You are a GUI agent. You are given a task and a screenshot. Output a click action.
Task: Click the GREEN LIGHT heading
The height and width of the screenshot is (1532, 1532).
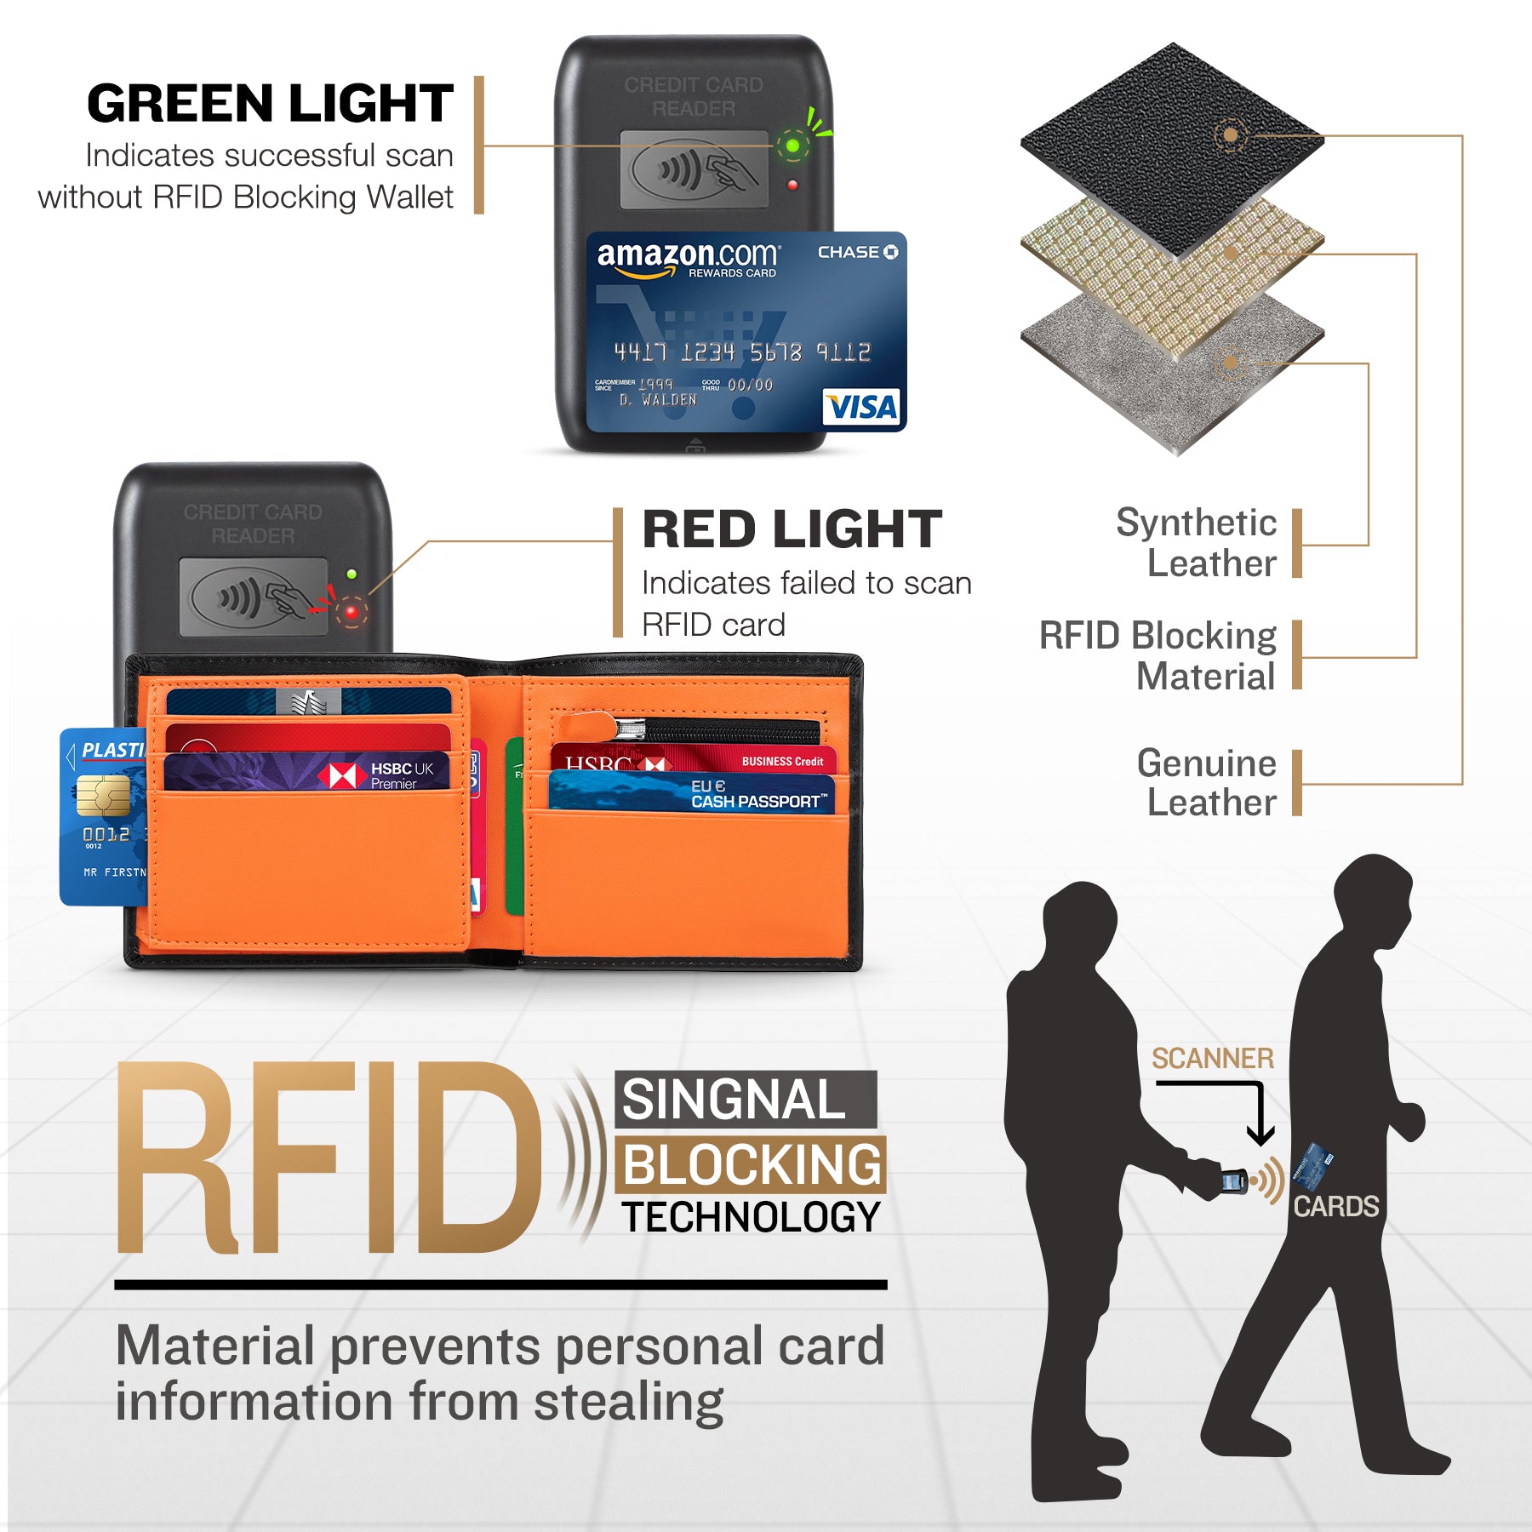(271, 104)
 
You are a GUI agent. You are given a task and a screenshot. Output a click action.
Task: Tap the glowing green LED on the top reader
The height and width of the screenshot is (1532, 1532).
(792, 146)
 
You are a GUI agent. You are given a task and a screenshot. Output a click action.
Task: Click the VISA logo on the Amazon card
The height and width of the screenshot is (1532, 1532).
(862, 408)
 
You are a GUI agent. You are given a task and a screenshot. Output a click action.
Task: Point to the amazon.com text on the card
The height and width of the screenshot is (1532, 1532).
(687, 254)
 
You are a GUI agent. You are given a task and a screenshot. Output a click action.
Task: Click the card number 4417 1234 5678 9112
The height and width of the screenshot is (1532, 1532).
(741, 352)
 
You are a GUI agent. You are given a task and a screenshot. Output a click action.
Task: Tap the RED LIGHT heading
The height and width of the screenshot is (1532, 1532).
(792, 529)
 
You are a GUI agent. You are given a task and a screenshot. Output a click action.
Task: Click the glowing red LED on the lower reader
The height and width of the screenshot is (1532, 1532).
(352, 611)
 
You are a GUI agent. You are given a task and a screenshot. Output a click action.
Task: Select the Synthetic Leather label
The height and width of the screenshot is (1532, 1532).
(1196, 542)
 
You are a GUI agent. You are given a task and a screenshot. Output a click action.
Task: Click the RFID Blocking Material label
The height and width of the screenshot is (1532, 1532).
(1158, 655)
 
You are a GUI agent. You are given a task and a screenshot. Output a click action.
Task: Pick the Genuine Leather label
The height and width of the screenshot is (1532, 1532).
(1207, 782)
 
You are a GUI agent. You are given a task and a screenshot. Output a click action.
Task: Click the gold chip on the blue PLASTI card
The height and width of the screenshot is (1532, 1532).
(103, 796)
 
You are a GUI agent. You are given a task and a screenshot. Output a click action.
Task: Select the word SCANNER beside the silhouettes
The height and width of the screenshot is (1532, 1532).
(1212, 1059)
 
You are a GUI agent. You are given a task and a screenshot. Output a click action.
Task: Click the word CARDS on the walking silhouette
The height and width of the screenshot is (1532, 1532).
(1335, 1206)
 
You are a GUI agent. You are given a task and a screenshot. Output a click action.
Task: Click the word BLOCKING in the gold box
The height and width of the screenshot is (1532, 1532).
(751, 1164)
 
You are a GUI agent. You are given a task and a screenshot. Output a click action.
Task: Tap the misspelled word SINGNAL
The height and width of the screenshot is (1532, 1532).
(734, 1100)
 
